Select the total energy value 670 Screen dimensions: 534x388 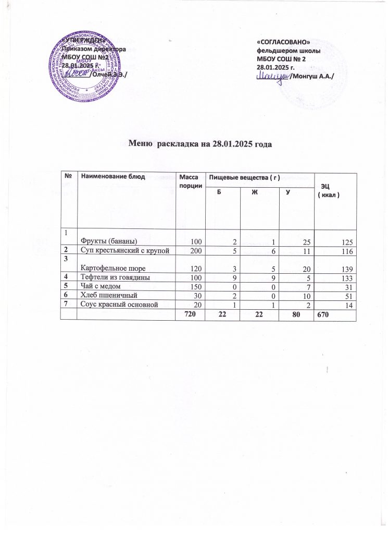click(x=327, y=315)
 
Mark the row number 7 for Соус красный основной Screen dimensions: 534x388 click(x=67, y=305)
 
